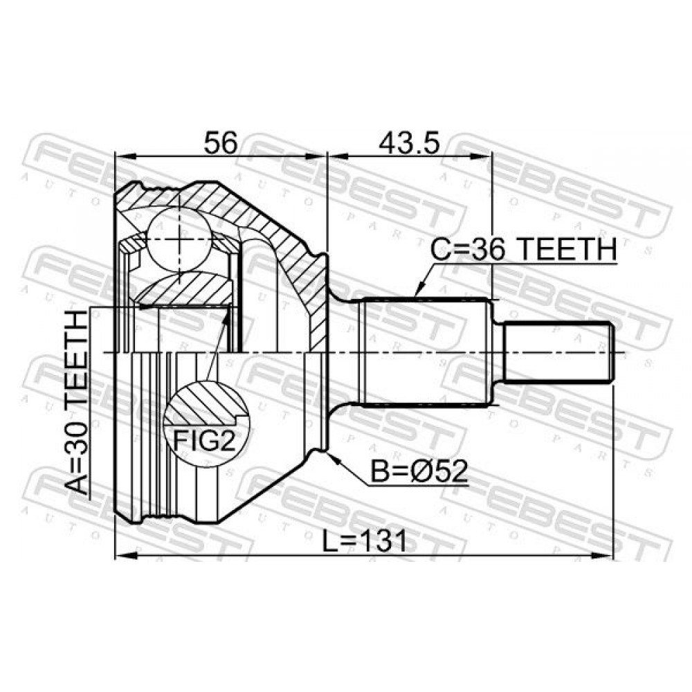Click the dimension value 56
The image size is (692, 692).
[220, 142]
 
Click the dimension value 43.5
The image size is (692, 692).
[409, 142]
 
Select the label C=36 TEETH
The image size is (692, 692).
[523, 249]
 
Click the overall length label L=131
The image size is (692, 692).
[364, 542]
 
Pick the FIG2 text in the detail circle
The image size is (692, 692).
[205, 440]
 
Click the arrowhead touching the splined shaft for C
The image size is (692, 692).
[419, 289]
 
